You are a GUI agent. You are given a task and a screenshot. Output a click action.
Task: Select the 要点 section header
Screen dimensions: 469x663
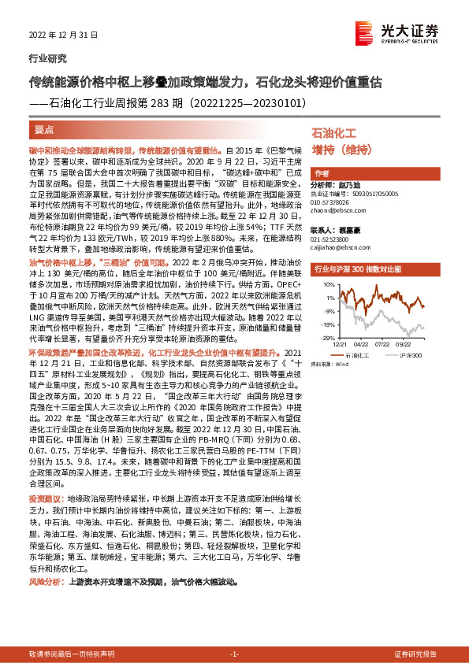click(45, 130)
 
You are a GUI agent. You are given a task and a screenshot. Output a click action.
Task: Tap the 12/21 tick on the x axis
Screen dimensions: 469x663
click(340, 344)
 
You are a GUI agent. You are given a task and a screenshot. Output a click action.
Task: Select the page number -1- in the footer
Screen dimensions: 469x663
click(234, 654)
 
